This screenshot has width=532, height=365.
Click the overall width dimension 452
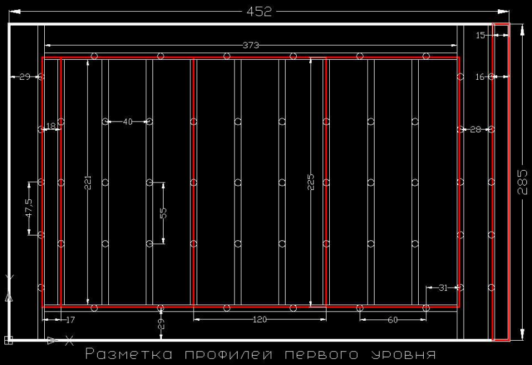click(x=259, y=11)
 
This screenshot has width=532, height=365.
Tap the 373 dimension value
click(x=251, y=45)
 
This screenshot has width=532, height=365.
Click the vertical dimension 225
click(x=311, y=181)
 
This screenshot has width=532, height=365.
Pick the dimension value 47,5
click(x=28, y=208)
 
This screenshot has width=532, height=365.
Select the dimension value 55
click(x=163, y=212)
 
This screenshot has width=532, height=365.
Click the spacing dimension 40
click(x=128, y=121)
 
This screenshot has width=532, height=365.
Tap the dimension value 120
click(x=260, y=320)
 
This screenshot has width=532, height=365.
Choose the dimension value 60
click(x=393, y=320)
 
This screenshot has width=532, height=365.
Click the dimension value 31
click(x=443, y=288)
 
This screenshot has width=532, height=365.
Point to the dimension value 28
click(x=475, y=130)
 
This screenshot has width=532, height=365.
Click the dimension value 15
click(x=480, y=36)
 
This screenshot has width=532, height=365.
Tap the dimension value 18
click(x=51, y=126)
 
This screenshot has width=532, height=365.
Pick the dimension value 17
click(x=70, y=320)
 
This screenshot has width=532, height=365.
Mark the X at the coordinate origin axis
click(x=70, y=340)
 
